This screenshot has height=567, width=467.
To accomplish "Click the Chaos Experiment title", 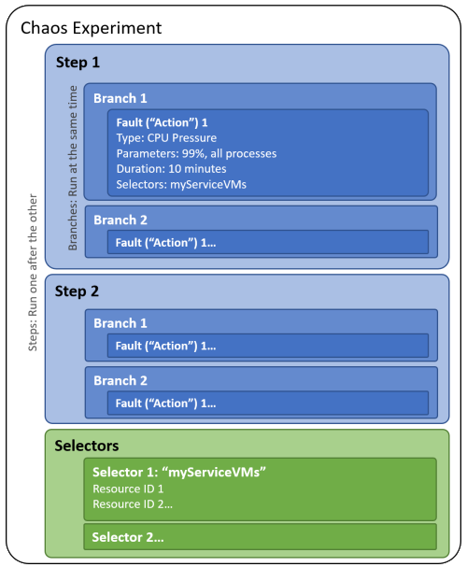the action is click(92, 28).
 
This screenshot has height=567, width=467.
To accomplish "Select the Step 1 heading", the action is click(78, 63).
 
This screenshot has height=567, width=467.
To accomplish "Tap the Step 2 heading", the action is click(77, 291).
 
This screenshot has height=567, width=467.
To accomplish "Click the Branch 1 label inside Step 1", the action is click(120, 98).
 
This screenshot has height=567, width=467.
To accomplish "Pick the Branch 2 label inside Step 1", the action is click(120, 220).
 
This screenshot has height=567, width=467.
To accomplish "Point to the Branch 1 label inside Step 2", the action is click(120, 323).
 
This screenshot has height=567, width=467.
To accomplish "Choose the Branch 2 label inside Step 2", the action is click(120, 380).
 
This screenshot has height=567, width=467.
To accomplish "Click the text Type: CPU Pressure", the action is click(166, 137).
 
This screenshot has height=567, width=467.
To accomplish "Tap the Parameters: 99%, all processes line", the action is click(196, 154).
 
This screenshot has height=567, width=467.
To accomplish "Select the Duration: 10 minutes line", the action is click(171, 169).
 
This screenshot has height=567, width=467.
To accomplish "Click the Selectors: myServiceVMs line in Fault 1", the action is click(181, 184).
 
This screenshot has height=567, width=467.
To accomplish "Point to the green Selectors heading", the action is click(86, 446).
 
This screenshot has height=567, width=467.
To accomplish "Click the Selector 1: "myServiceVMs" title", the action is click(179, 473).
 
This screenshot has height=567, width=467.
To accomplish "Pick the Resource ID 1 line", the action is click(128, 489).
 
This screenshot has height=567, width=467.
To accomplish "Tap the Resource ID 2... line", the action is click(133, 504).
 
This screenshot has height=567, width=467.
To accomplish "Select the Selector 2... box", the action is click(261, 537).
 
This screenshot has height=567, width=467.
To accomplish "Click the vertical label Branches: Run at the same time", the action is click(73, 168).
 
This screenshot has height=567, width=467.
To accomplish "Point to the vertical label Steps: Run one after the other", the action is click(33, 272).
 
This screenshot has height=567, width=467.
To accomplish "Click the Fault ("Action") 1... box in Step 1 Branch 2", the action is click(268, 242).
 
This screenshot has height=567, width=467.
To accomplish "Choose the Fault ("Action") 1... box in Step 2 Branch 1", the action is click(268, 346).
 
